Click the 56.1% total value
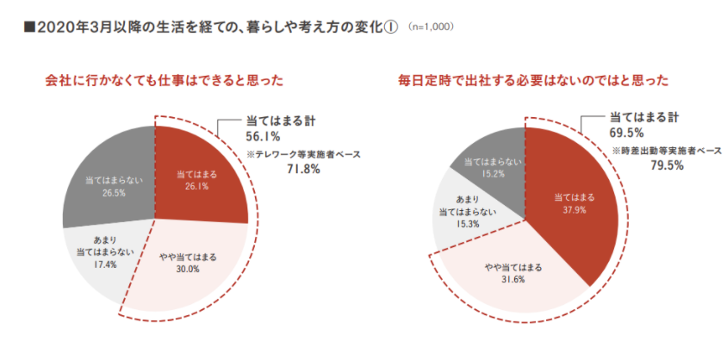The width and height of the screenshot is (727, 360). pyautogui.click(x=263, y=137)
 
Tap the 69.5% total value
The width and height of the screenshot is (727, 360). pyautogui.click(x=626, y=133)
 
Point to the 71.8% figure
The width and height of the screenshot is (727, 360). pyautogui.click(x=303, y=170)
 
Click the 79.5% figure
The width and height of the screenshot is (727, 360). pyautogui.click(x=667, y=165)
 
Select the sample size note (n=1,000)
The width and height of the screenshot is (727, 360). pyautogui.click(x=431, y=28)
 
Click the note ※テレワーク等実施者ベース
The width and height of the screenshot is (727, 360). pyautogui.click(x=303, y=155)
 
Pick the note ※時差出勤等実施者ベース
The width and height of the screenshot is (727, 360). pyautogui.click(x=667, y=151)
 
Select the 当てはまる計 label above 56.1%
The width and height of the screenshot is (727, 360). pyautogui.click(x=280, y=121)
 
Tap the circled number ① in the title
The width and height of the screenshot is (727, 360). pyautogui.click(x=391, y=28)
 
